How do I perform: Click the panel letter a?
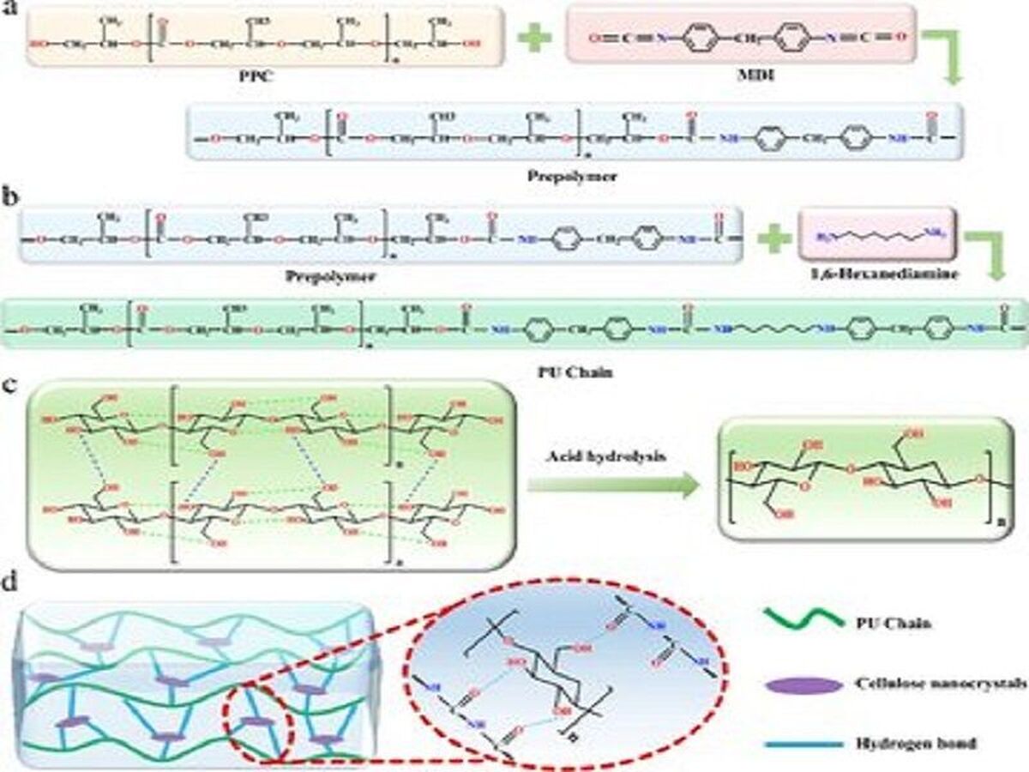click(x=11, y=15)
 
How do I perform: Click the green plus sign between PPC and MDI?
click(x=534, y=39)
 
